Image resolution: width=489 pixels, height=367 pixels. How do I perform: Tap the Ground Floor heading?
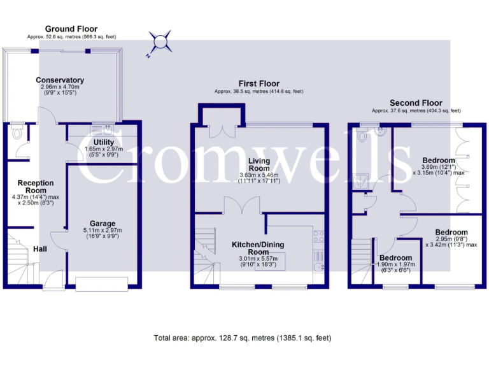[71, 29]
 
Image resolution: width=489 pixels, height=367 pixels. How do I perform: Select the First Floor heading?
[259, 83]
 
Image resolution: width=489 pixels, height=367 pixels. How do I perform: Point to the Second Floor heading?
[416, 103]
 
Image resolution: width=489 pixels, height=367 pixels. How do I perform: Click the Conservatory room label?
[60, 80]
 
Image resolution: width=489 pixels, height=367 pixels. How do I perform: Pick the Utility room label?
[103, 142]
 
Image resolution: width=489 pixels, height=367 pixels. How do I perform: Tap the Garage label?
[103, 224]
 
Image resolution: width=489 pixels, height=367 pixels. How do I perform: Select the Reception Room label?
[36, 187]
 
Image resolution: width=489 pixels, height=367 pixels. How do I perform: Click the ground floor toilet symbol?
[17, 134]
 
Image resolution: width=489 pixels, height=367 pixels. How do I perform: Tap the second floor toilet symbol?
[362, 134]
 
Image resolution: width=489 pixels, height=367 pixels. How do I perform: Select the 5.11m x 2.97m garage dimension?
[103, 230]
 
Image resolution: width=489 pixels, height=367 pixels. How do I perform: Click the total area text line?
[243, 338]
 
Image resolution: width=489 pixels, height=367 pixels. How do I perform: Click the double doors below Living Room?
[241, 205]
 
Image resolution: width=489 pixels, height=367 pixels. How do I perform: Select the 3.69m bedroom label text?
[439, 160]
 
